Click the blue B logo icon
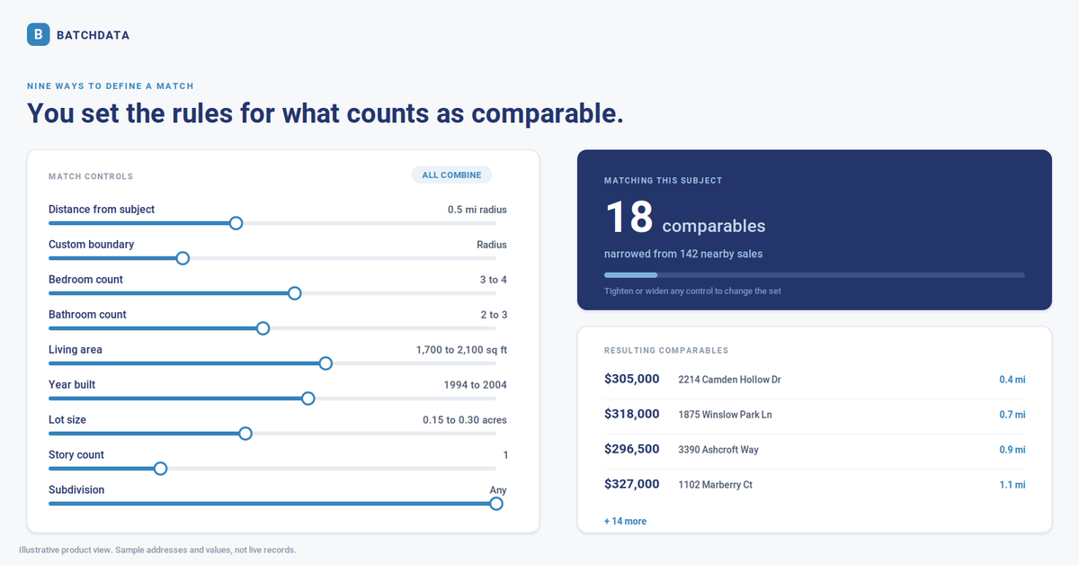coord(38,34)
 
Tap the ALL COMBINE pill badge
coord(451,175)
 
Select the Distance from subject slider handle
coord(236,223)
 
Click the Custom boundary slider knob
coord(183,258)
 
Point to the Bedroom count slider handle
coord(295,293)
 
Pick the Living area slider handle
coord(325,363)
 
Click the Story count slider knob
coord(160,469)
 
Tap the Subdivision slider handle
coord(496,504)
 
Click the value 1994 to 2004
coord(475,385)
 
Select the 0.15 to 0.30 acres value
coord(465,420)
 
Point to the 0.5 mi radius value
coord(477,210)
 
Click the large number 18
coord(629,217)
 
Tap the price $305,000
coord(631,379)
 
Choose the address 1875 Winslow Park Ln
coord(725,415)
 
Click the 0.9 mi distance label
coord(1012,450)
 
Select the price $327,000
coord(631,484)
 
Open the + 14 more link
coord(625,521)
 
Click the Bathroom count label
coord(87,315)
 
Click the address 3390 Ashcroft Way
coord(718,450)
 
